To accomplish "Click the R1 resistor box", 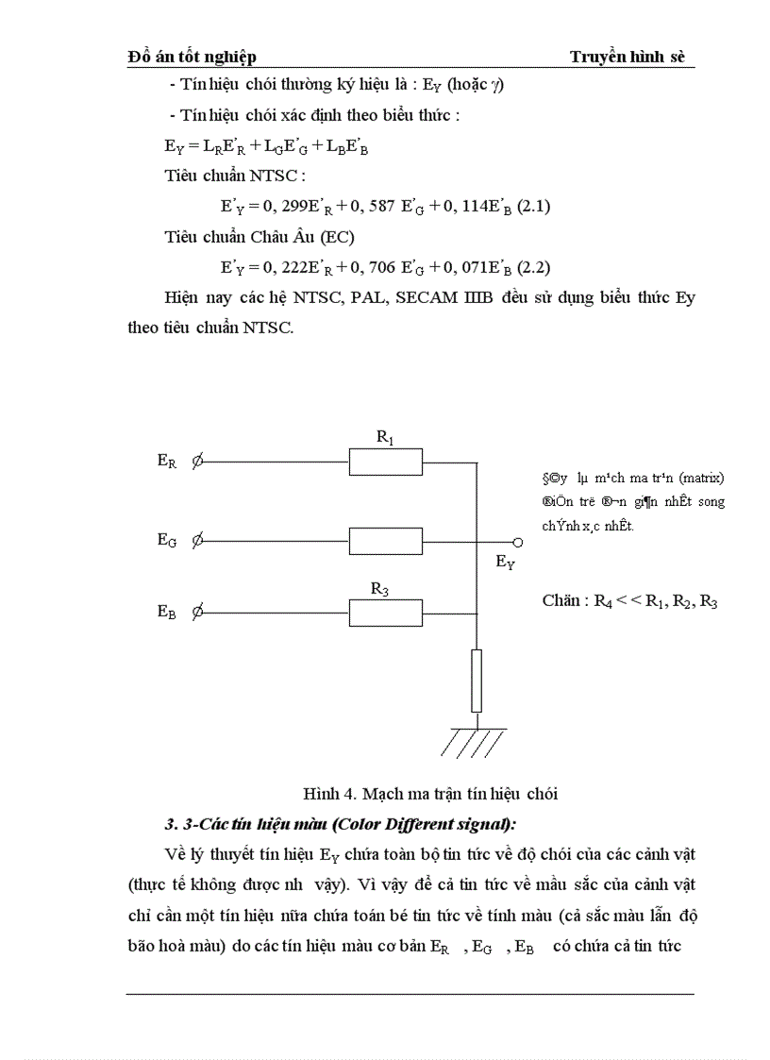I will (385, 462).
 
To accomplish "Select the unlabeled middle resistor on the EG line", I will (385, 541).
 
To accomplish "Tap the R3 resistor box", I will (385, 614).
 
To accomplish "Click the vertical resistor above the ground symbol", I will (477, 680).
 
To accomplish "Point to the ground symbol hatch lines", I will (477, 744).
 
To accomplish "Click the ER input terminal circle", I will (197, 462).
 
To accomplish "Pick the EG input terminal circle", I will (197, 541).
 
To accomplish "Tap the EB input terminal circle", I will (197, 613).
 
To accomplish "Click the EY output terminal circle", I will (517, 543).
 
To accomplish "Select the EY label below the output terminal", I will (506, 563).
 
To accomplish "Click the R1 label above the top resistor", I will (384, 437).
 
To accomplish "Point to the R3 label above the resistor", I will (379, 589).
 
